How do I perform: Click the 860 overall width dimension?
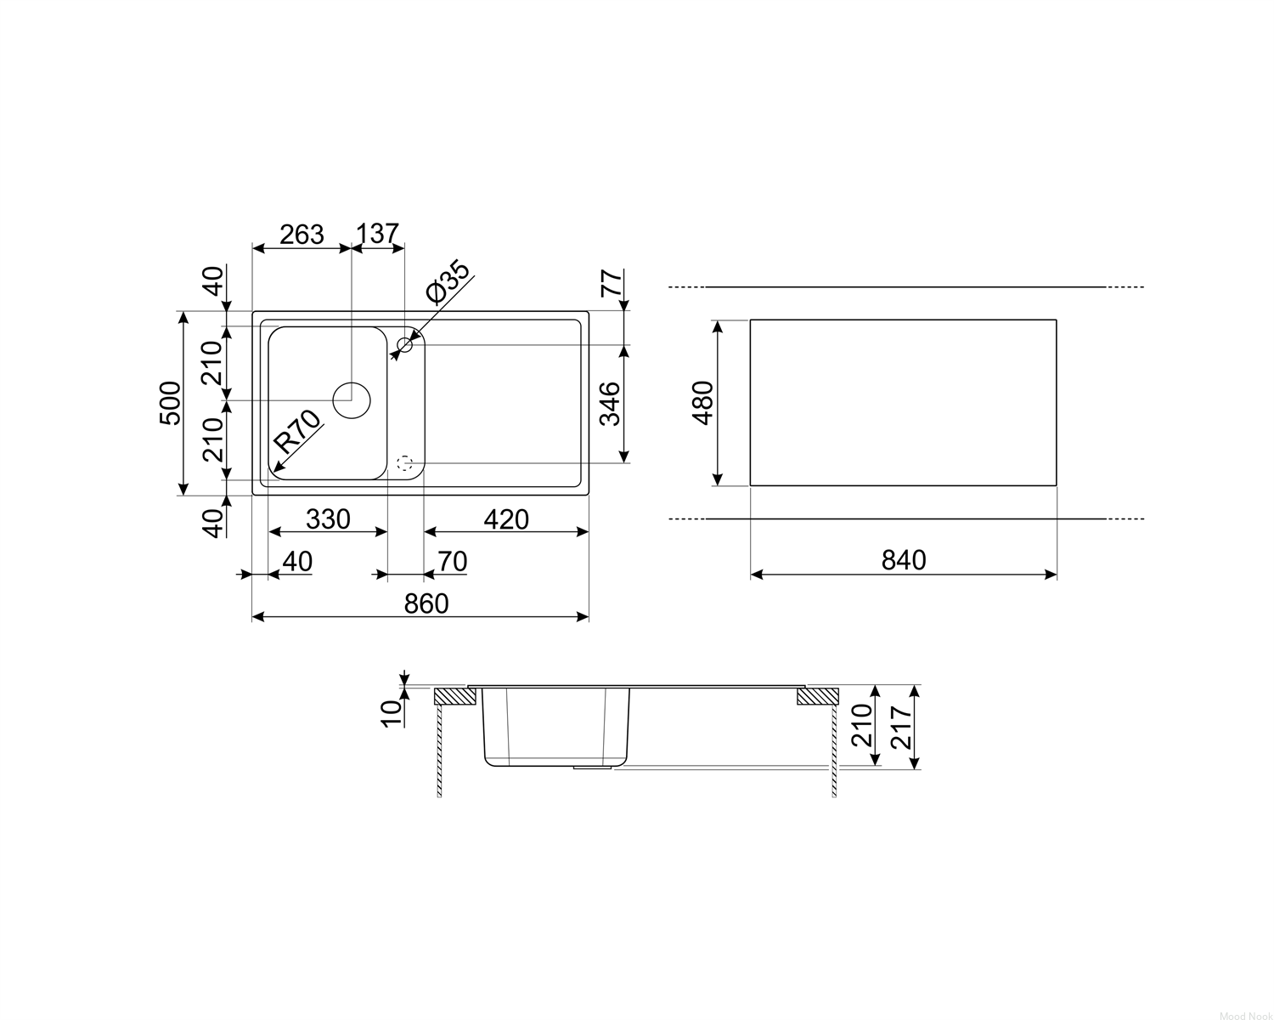click(426, 604)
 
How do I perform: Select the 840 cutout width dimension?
click(904, 560)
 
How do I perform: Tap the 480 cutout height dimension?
click(702, 403)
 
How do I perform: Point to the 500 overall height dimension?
click(170, 403)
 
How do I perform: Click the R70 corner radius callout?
click(298, 431)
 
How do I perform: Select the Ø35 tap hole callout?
click(448, 282)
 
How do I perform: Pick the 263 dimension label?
click(302, 235)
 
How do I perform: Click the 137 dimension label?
click(378, 234)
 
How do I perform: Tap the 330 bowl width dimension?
click(328, 520)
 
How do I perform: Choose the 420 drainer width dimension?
click(506, 520)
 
